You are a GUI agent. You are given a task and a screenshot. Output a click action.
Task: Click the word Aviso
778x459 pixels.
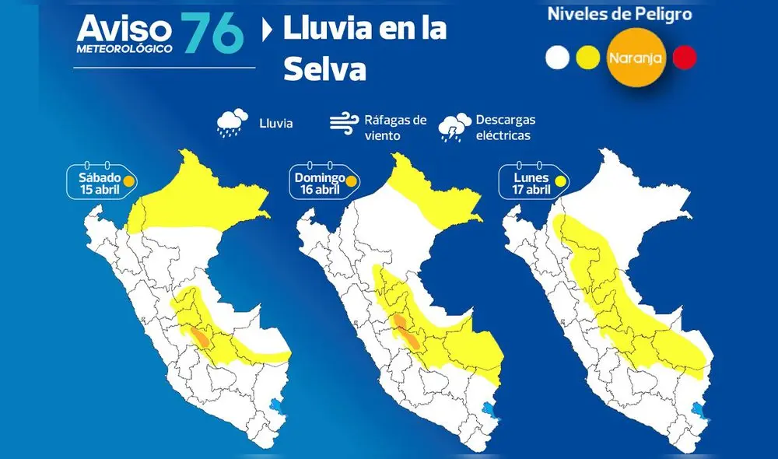pyautogui.click(x=124, y=30)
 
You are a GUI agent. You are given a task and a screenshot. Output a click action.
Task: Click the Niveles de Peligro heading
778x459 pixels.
pyautogui.click(x=619, y=13)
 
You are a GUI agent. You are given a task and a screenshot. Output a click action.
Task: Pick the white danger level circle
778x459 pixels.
pyautogui.click(x=558, y=58)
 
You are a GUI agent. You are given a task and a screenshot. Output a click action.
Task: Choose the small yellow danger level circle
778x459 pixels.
pyautogui.click(x=587, y=58)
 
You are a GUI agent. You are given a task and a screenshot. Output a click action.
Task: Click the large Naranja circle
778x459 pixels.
pyautogui.click(x=635, y=57)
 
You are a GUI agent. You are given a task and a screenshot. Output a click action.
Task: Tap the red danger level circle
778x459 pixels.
pyautogui.click(x=685, y=58)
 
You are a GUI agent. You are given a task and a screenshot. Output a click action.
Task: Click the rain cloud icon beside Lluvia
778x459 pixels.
pyautogui.click(x=230, y=123)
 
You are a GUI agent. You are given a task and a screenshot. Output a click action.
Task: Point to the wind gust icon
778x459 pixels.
pyautogui.click(x=345, y=124)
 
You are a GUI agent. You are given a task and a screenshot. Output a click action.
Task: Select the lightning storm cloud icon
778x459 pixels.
pyautogui.click(x=454, y=127)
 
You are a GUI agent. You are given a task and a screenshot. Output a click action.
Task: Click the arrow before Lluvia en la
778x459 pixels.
pyautogui.click(x=268, y=31)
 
